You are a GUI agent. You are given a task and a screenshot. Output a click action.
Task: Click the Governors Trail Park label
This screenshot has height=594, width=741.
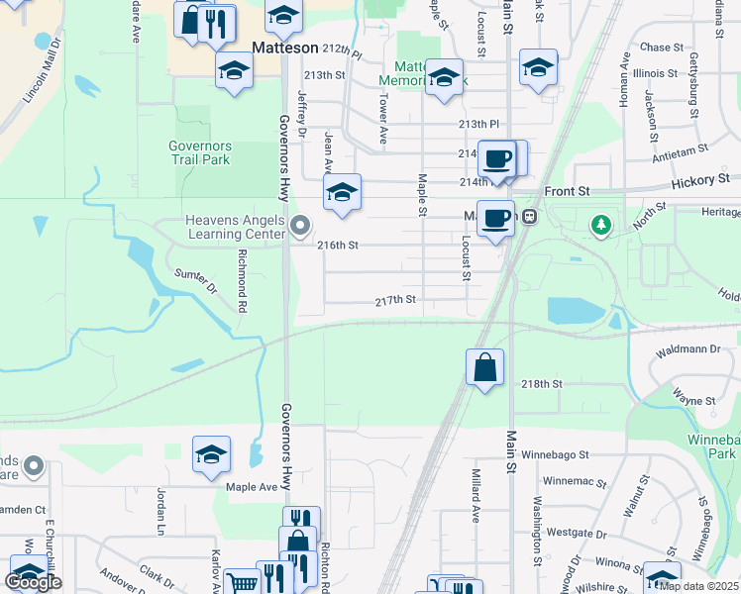click(x=199, y=151)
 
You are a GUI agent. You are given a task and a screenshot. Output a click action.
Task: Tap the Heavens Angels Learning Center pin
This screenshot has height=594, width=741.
click(x=302, y=229)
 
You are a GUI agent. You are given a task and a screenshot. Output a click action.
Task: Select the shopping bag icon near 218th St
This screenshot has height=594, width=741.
click(x=484, y=368)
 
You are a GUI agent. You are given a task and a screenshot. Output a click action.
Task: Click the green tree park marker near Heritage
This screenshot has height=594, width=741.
click(x=600, y=226)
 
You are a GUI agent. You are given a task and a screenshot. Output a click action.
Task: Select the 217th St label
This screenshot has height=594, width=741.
click(x=394, y=300)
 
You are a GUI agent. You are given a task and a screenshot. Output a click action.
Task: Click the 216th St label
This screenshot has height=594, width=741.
click(x=337, y=245)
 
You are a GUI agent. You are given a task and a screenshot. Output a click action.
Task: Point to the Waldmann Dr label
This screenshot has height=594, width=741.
click(x=688, y=348)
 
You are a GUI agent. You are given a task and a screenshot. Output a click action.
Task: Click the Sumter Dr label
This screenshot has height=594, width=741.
click(x=195, y=281)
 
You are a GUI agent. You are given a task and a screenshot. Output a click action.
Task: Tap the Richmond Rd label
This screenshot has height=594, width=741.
click(x=241, y=280)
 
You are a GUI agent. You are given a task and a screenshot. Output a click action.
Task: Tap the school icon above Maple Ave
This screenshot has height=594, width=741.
click(x=211, y=454)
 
